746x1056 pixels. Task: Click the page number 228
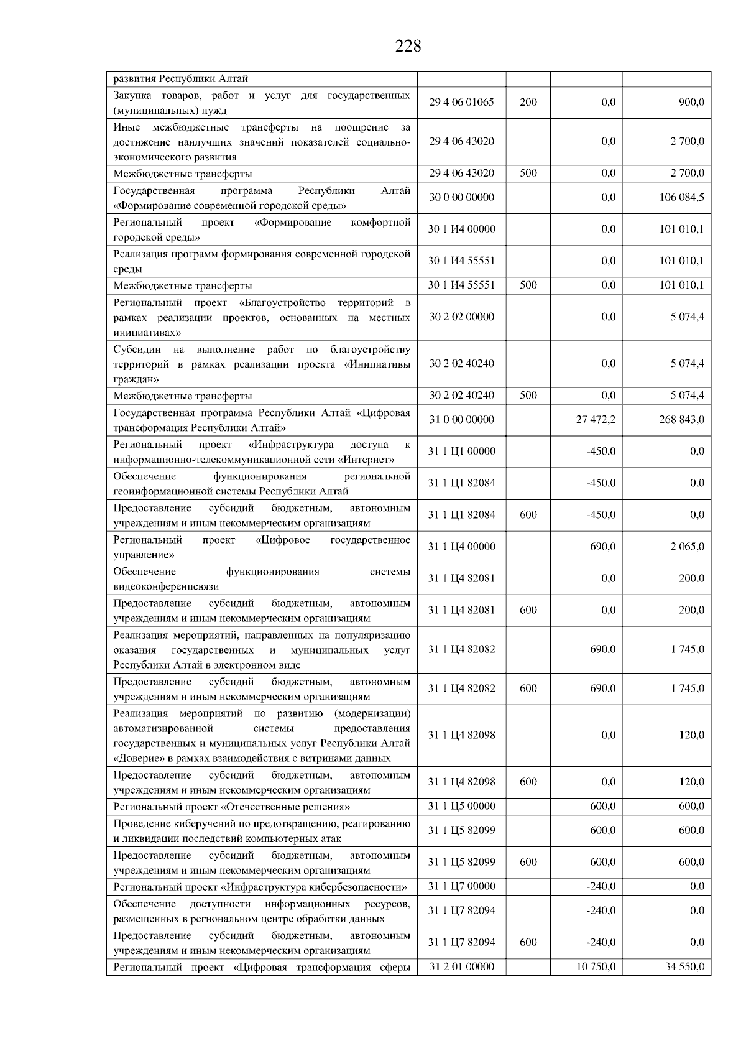click(408, 46)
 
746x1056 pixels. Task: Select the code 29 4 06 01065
click(461, 103)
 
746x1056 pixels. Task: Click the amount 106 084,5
click(681, 198)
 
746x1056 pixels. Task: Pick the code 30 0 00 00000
click(461, 198)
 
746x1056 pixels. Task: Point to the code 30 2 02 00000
click(461, 317)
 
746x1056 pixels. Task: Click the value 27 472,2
click(596, 420)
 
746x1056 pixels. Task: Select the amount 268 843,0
click(681, 420)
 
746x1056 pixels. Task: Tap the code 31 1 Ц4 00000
click(461, 547)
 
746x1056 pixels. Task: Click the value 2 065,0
click(687, 547)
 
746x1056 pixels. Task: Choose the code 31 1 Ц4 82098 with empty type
click(461, 735)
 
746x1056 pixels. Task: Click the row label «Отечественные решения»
click(231, 807)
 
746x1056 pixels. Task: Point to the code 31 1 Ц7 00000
click(461, 886)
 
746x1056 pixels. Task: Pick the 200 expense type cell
click(528, 103)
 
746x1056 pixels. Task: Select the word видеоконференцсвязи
click(166, 586)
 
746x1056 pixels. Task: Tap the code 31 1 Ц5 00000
click(461, 806)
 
